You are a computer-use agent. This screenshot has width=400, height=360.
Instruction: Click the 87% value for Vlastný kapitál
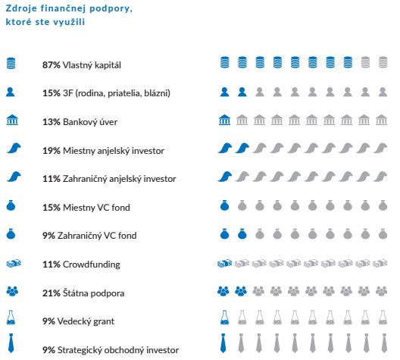[x=52, y=65]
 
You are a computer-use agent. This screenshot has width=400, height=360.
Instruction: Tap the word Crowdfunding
[x=92, y=265]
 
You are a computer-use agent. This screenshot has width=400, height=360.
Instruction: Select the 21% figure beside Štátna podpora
[x=52, y=293]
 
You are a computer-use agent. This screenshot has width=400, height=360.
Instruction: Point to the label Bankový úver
[x=90, y=122]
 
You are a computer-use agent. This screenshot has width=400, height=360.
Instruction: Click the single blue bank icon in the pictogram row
[x=224, y=120]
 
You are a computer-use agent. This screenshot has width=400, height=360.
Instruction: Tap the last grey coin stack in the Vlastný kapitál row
[x=383, y=62]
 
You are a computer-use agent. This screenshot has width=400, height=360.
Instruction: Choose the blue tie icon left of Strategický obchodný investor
[x=11, y=343]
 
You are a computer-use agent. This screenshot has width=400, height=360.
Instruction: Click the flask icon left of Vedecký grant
[x=11, y=318]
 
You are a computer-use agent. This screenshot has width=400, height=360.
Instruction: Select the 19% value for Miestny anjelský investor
[x=52, y=151]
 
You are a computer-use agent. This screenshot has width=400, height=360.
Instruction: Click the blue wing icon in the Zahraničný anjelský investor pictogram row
[x=225, y=177]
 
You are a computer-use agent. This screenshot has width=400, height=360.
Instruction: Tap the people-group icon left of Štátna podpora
[x=12, y=291]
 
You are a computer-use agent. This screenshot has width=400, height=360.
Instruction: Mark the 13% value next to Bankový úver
[x=52, y=122]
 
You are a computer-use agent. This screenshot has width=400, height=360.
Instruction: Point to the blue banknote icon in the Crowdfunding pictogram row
[x=224, y=263]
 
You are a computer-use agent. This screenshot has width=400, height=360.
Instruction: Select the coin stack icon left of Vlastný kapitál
[x=11, y=63]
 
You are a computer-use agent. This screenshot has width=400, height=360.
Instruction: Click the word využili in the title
[x=68, y=22]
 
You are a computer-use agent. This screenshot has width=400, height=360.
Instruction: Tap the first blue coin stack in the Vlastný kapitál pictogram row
[x=225, y=62]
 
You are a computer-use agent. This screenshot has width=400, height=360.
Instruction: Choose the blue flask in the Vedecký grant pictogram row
[x=224, y=318]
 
